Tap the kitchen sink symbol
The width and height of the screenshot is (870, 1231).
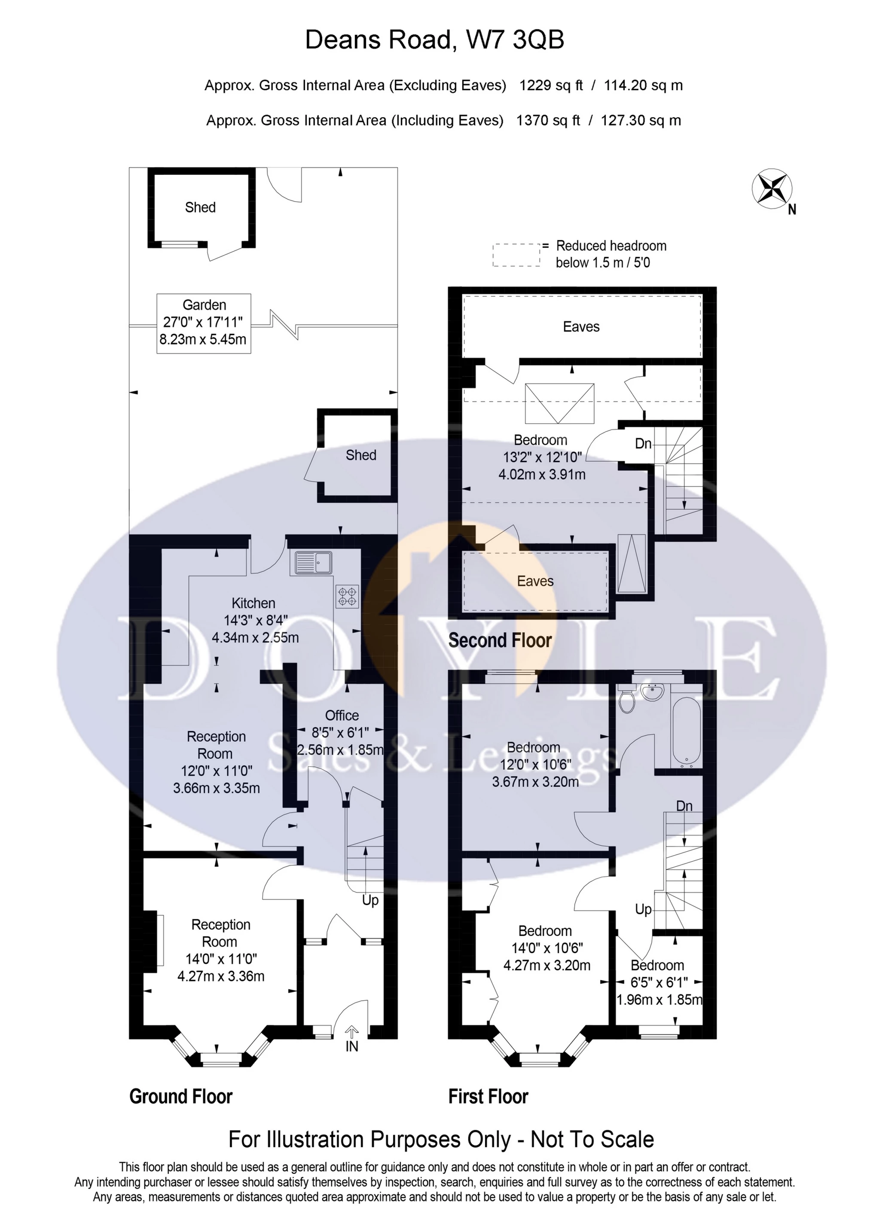coord(311,563)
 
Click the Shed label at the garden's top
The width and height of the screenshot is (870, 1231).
coord(200,207)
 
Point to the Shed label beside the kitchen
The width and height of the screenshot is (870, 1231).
coord(360,455)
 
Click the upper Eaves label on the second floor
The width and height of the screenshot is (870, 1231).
coord(581,326)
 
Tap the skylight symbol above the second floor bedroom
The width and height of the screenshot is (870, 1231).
coord(559,404)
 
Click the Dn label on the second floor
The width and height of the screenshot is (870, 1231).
coord(643,443)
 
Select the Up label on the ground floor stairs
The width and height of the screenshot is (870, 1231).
coord(370,900)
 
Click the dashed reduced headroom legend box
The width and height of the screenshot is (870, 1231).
coord(516,255)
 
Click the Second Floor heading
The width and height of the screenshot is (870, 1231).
coord(500,640)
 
